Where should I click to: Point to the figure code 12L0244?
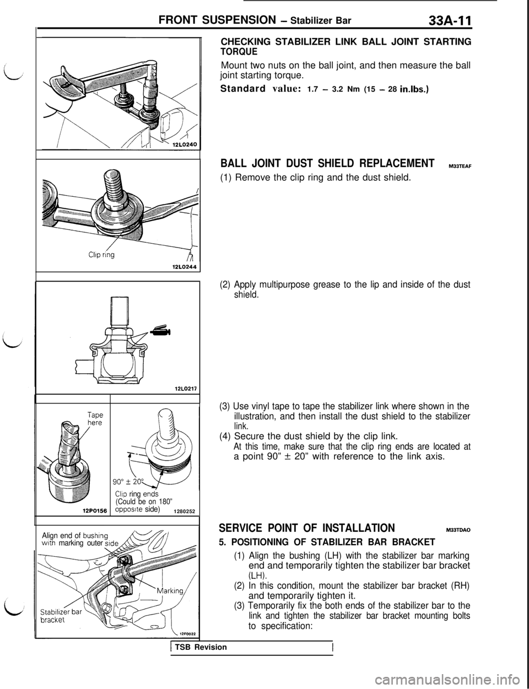tap(184, 267)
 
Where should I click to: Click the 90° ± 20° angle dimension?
tap(131, 481)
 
